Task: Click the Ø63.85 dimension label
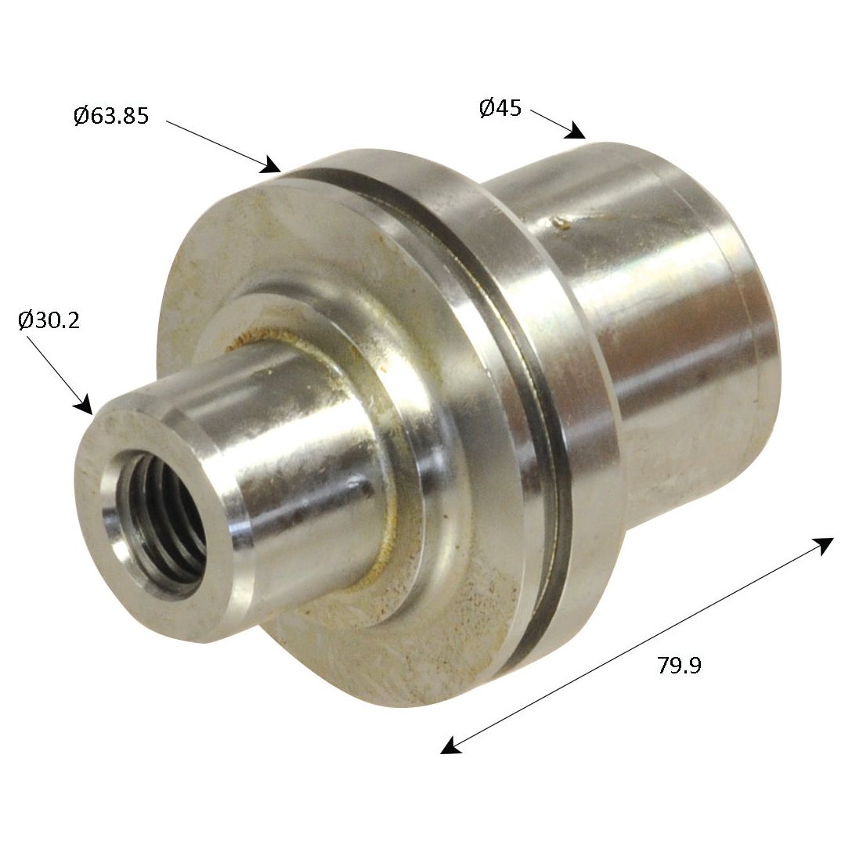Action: (x=110, y=117)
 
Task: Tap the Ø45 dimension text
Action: (x=500, y=108)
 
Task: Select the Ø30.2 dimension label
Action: (x=49, y=320)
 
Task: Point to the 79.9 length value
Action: (x=679, y=666)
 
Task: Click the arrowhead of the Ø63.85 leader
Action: (x=273, y=165)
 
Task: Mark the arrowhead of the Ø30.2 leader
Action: (x=84, y=405)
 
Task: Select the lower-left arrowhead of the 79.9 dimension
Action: (x=450, y=746)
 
